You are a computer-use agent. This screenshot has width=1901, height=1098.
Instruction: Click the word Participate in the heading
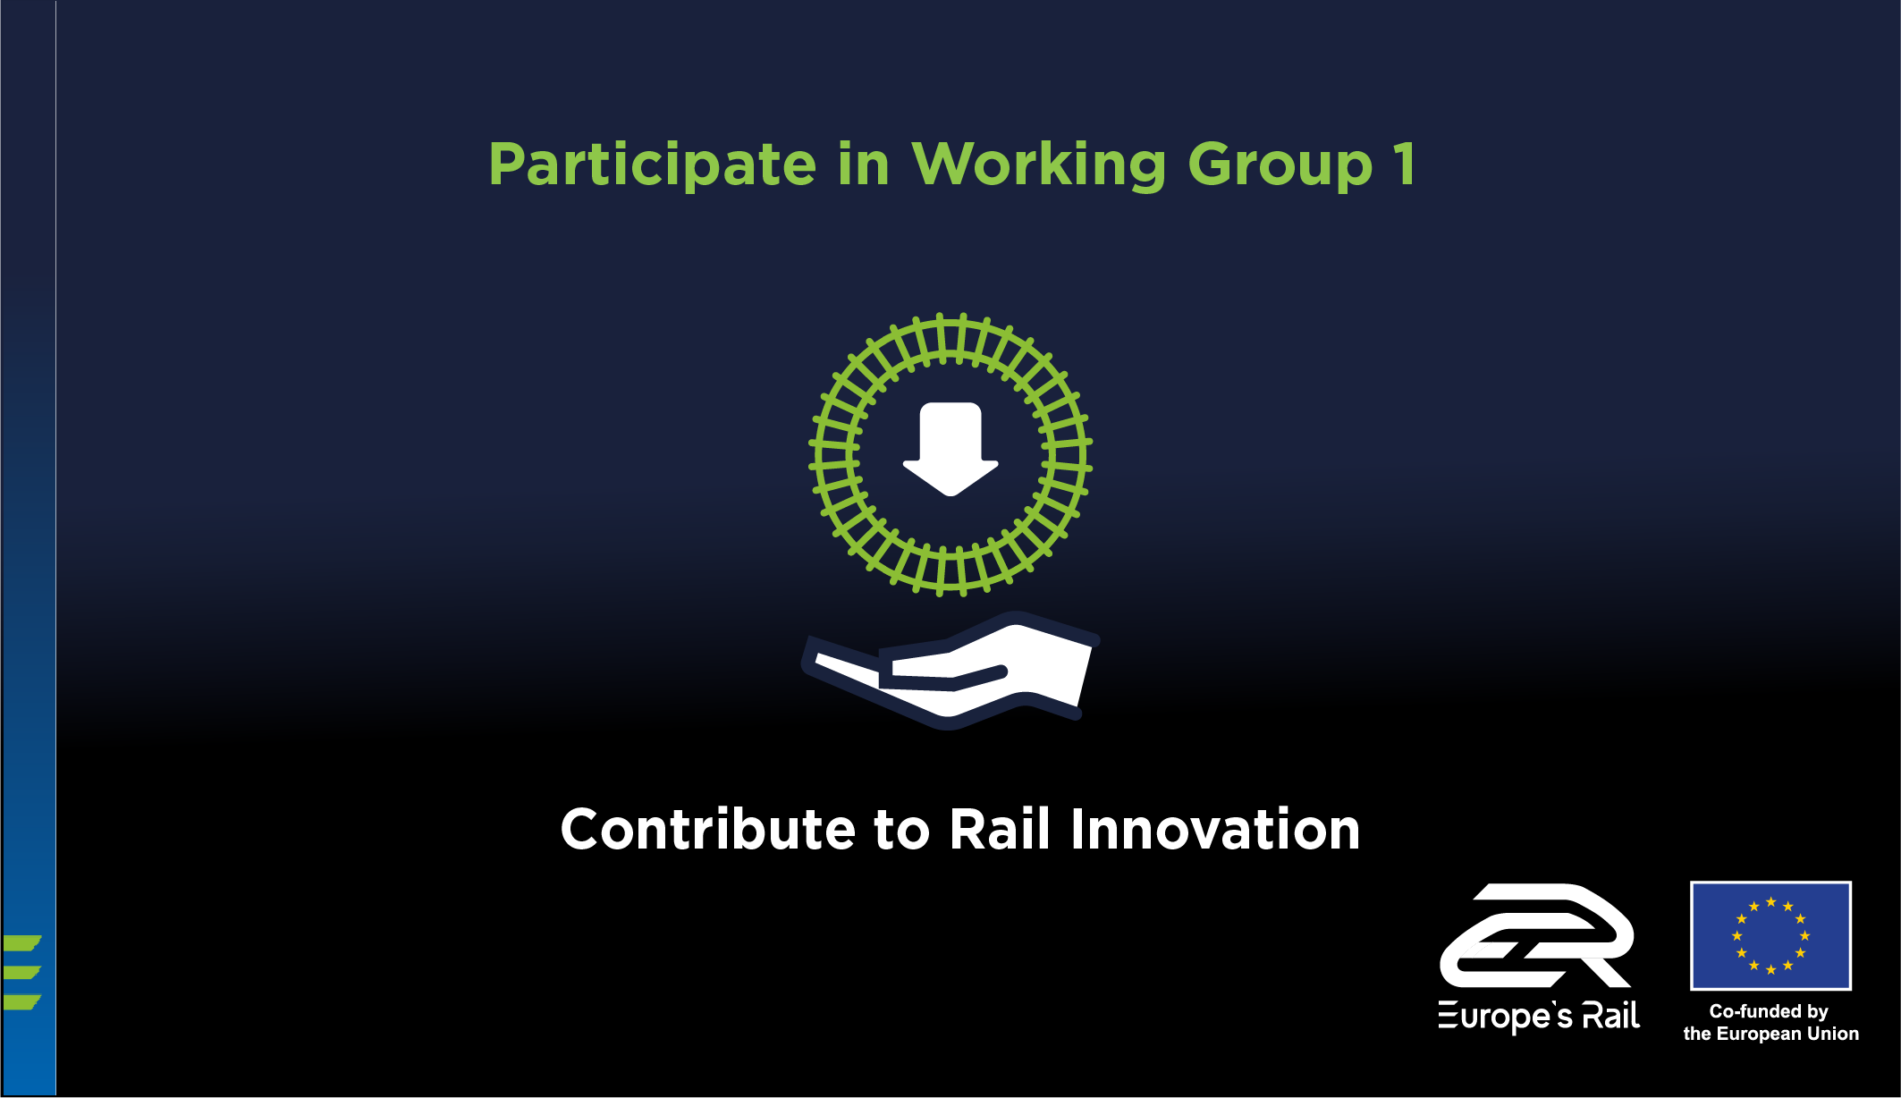[652, 165]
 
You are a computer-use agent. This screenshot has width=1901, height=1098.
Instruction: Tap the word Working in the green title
[1038, 165]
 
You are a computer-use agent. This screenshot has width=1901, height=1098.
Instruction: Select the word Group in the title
[1280, 165]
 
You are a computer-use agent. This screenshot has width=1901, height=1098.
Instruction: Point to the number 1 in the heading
[1405, 164]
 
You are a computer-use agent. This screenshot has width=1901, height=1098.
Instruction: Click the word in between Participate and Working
[864, 164]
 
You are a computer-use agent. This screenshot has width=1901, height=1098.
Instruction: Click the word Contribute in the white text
[708, 829]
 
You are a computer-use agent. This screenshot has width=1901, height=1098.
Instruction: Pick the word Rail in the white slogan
[1000, 829]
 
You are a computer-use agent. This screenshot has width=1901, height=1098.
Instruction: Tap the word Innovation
[1215, 829]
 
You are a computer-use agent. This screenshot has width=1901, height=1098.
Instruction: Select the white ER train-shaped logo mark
[1537, 935]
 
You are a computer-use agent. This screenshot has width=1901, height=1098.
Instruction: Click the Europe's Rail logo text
[1539, 1017]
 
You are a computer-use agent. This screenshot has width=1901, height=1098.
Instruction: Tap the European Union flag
[1770, 935]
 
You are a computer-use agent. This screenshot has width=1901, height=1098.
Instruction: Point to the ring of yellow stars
[1770, 902]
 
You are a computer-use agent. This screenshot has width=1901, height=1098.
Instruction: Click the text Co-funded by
[1769, 1011]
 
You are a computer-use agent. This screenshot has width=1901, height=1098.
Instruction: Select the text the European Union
[1770, 1034]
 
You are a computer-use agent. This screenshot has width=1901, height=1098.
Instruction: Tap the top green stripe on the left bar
[21, 942]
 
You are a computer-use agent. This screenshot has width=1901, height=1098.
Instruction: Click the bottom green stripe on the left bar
[21, 1002]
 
